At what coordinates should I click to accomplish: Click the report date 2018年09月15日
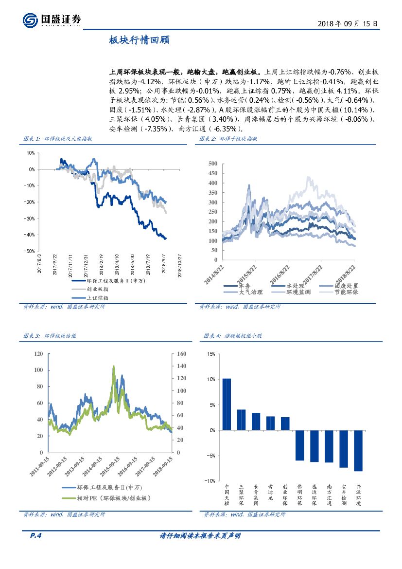(348, 23)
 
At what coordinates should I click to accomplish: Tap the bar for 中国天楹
(227, 404)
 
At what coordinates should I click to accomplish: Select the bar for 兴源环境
(358, 450)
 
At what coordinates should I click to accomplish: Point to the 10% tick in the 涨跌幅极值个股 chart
(210, 379)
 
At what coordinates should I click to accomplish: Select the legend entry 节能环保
(347, 292)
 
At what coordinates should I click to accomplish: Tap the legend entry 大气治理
(250, 292)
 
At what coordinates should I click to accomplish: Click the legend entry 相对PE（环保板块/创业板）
(113, 498)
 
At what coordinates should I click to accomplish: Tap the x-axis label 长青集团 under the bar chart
(256, 495)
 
